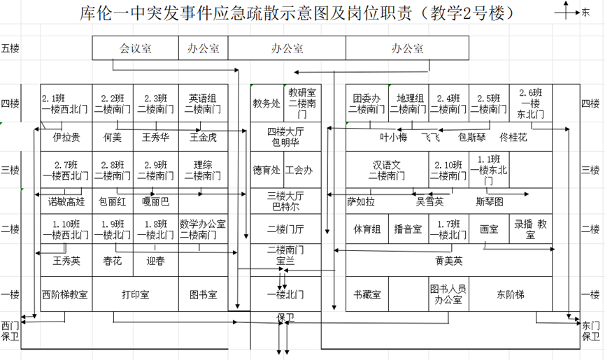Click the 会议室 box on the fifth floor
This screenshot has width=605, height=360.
click(x=136, y=48)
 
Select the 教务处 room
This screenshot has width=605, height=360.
click(x=266, y=103)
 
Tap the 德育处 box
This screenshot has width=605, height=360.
click(x=266, y=170)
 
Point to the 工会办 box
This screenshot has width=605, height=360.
click(x=299, y=170)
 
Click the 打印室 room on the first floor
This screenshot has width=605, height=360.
click(x=135, y=295)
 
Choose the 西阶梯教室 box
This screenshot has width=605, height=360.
click(x=65, y=295)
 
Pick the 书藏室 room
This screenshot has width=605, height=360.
click(x=366, y=295)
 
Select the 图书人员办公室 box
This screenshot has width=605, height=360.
click(x=448, y=294)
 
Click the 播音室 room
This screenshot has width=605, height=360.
click(x=408, y=229)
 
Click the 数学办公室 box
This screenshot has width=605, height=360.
click(x=203, y=229)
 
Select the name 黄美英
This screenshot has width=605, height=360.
click(x=448, y=261)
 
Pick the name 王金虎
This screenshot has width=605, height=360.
click(x=203, y=138)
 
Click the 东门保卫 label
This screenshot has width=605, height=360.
click(x=591, y=331)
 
